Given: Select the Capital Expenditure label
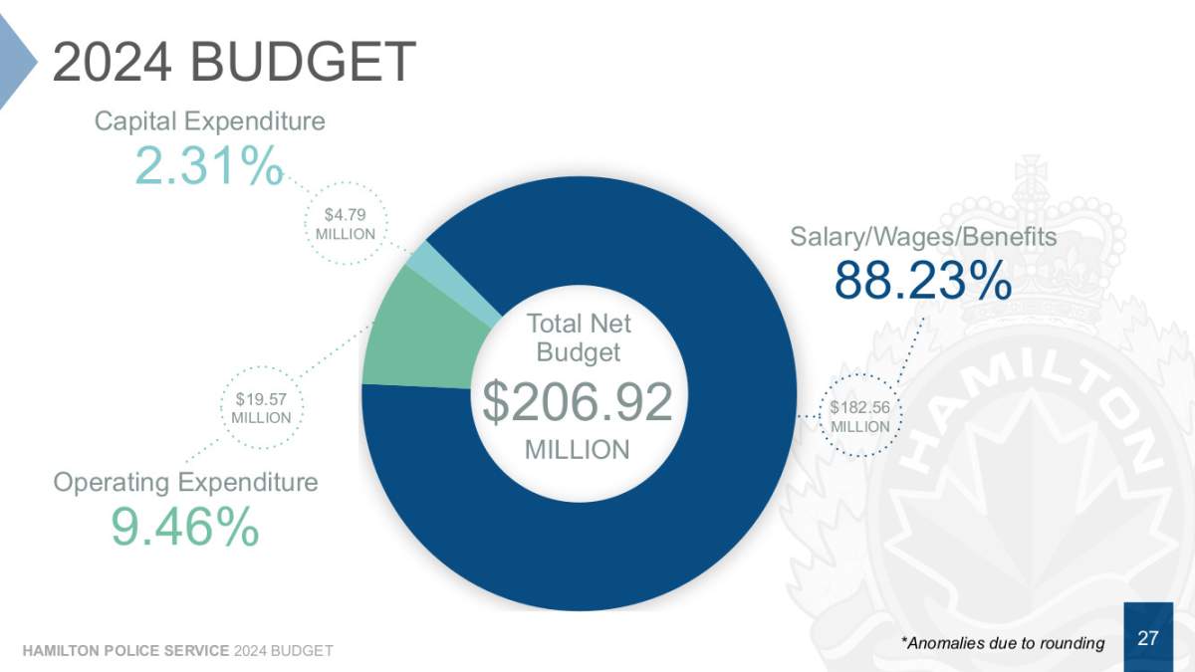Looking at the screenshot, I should [209, 121].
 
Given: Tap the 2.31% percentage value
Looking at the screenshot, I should [209, 165].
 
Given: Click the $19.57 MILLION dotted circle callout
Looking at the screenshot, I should [261, 407].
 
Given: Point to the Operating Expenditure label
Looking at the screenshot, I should [185, 483].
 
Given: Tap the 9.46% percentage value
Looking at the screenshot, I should [185, 527].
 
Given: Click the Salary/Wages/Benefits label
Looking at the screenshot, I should [923, 237].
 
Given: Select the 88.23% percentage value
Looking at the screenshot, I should [923, 281].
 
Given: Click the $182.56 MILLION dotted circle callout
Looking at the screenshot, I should [860, 416].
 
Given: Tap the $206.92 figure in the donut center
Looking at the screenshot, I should [578, 401].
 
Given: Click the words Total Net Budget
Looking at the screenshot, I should [578, 337].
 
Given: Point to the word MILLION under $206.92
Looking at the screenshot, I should [578, 450].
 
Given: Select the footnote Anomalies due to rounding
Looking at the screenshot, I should [1002, 643].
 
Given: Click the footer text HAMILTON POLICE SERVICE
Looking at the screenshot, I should [125, 651].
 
